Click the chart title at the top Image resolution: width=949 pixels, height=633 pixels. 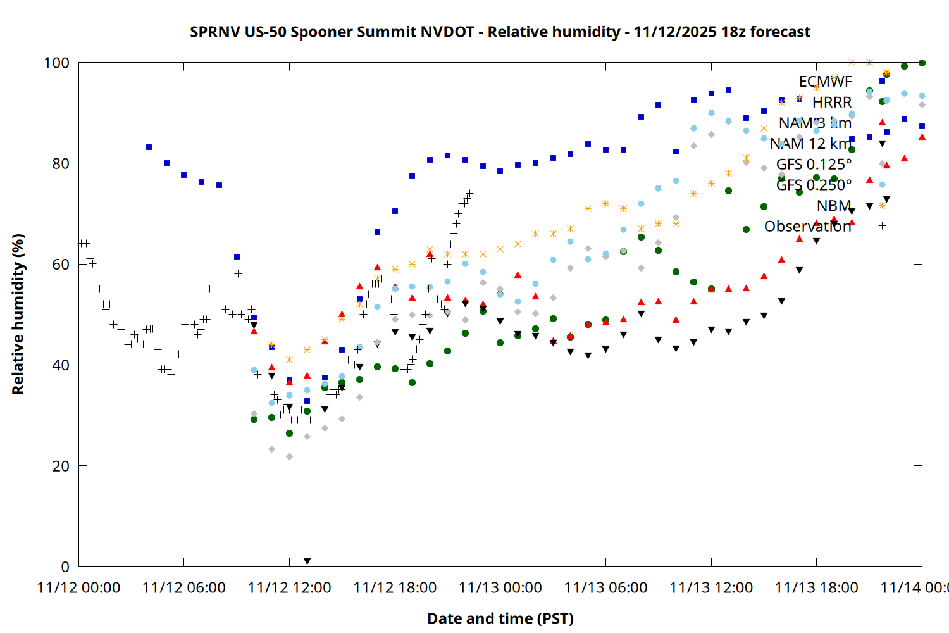[x=500, y=32]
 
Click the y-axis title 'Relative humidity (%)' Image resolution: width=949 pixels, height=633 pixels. [x=18, y=314]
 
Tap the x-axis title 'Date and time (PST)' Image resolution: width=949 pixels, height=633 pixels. [x=500, y=618]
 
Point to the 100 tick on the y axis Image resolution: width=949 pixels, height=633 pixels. [x=56, y=63]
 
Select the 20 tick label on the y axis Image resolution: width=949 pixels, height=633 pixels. [x=61, y=466]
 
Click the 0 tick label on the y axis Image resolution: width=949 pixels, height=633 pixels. [x=65, y=567]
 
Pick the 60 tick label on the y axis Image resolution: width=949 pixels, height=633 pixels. [x=61, y=264]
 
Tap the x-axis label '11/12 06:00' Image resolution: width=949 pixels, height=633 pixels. [x=183, y=587]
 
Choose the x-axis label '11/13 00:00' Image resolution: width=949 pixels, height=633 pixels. [x=500, y=587]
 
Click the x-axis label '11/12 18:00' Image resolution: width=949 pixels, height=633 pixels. [x=395, y=587]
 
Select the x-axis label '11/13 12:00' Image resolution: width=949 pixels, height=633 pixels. [x=711, y=587]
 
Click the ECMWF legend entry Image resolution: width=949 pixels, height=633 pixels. [x=825, y=82]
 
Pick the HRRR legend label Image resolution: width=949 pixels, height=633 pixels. [x=832, y=103]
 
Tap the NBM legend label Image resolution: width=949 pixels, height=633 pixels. [x=834, y=206]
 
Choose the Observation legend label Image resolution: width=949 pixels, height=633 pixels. [x=807, y=227]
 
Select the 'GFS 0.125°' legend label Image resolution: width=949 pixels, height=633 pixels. [x=814, y=165]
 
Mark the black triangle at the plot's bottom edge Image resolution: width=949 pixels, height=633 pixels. [x=307, y=561]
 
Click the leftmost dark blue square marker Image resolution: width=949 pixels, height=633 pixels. [x=149, y=147]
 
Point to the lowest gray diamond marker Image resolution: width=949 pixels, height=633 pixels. [x=289, y=456]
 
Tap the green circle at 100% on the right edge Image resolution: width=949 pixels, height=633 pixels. [x=922, y=63]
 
